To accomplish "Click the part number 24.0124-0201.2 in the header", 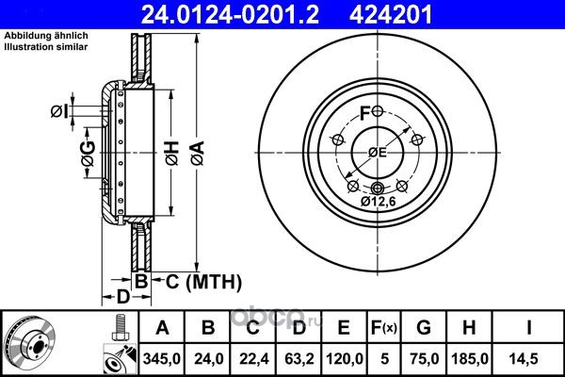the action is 230,14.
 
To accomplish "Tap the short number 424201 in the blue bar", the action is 390,14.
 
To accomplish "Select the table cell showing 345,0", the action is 161,358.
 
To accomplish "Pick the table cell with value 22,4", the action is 253,358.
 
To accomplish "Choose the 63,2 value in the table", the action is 299,358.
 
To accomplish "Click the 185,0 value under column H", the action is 470,358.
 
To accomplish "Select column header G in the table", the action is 424,328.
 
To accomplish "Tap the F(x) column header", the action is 384,328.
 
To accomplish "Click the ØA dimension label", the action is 198,154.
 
